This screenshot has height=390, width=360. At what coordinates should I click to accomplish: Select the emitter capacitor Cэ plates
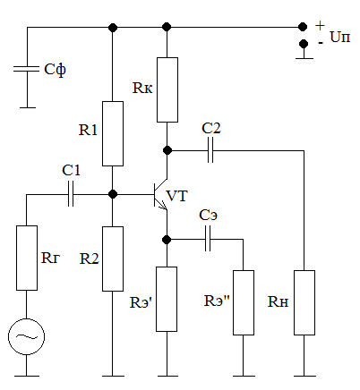click(x=208, y=239)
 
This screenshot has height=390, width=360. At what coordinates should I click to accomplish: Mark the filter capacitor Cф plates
click(x=27, y=69)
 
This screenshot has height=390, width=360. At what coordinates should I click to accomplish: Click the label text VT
click(x=177, y=196)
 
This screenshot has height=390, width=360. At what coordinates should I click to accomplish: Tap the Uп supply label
click(x=340, y=38)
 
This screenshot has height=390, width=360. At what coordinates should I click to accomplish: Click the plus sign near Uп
click(x=320, y=26)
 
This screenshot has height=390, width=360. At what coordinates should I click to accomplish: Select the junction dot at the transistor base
click(x=113, y=194)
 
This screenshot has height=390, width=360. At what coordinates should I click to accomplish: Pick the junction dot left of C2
click(x=167, y=150)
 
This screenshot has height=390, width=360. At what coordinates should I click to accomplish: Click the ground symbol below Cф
click(x=28, y=107)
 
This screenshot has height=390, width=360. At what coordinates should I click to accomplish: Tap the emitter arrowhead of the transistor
click(x=164, y=207)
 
